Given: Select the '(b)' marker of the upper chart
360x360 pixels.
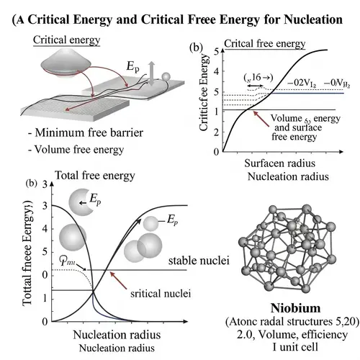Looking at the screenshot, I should pos(194,48).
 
